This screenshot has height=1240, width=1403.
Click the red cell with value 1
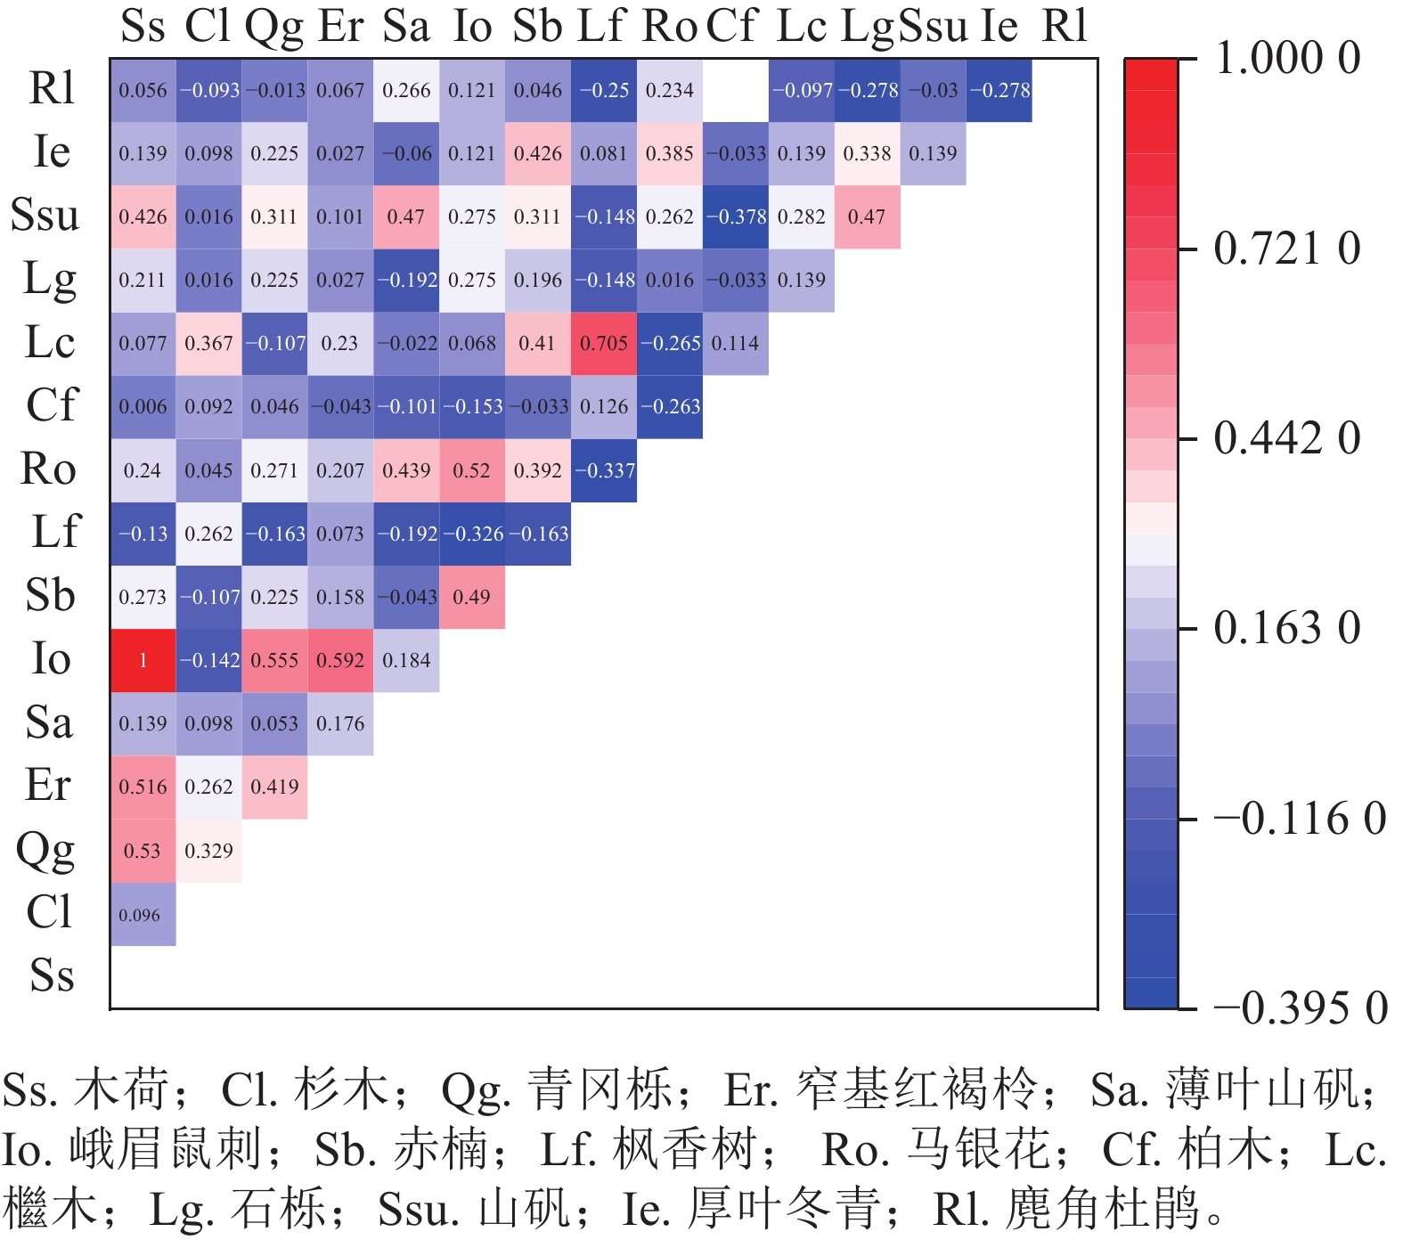point(143,660)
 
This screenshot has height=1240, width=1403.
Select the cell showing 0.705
point(604,343)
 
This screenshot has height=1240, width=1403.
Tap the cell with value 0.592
point(340,660)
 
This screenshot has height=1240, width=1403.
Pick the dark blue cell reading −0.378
point(736,216)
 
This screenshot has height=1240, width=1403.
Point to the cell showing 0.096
point(143,914)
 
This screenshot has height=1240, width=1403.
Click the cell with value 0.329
point(208,851)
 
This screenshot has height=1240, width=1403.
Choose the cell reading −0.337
point(604,470)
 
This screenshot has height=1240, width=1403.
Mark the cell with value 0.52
point(472,470)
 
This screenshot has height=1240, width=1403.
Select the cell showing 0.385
point(670,153)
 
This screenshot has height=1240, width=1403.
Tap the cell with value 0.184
point(406,660)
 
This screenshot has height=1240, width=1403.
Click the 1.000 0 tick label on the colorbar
point(1288,59)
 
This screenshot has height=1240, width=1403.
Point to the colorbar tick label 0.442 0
point(1288,438)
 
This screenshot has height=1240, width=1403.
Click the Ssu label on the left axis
point(45,215)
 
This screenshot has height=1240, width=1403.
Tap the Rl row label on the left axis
point(52,88)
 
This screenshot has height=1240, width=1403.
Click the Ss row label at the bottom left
point(52,975)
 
